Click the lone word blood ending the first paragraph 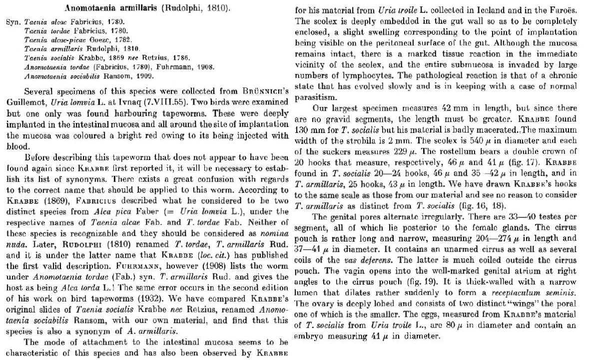(x=14, y=147)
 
